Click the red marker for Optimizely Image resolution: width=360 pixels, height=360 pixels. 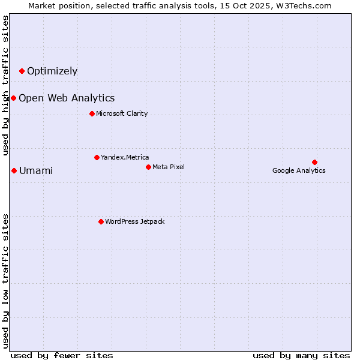pos(22,71)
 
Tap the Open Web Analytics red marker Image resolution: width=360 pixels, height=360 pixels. pos(13,98)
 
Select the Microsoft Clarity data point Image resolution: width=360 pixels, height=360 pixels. pos(92,114)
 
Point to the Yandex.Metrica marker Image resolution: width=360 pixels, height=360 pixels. pos(97,158)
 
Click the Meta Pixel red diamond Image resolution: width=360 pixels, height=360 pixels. pos(148,167)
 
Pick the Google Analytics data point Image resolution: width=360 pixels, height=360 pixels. pos(314,162)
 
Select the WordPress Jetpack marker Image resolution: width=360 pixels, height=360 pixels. pos(101,222)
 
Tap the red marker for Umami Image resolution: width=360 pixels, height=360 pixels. pos(14,171)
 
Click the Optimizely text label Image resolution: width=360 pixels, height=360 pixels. pos(52,71)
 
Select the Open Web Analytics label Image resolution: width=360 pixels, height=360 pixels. pos(67,98)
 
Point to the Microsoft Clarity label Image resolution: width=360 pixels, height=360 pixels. pos(122,114)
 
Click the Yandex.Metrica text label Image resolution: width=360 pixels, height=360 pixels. pos(125,158)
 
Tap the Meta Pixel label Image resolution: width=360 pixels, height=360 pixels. pos(169,167)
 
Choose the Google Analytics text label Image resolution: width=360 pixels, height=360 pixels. pos(299,170)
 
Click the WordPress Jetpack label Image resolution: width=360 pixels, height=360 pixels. pos(134,222)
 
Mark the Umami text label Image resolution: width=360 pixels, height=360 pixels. pos(36,171)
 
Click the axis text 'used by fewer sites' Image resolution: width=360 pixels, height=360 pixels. pos(62,355)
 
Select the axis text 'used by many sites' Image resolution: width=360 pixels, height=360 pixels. pos(301,355)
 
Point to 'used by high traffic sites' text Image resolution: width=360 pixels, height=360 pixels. pos(5,85)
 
